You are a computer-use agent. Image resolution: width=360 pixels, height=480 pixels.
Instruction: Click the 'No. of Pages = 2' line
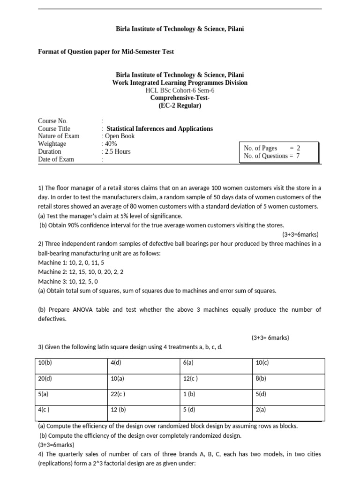[272, 148]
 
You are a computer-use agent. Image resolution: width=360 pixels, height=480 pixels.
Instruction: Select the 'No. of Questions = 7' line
[272, 156]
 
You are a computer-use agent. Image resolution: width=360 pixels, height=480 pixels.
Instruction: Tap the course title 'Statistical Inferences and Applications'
[159, 128]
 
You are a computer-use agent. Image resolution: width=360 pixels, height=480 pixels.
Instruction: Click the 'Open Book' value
[120, 136]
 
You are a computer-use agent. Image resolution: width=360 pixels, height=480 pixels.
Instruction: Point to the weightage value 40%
[111, 144]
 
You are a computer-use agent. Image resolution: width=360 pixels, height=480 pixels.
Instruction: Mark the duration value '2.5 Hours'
[118, 151]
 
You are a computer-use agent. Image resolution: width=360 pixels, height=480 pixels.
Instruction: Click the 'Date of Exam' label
[56, 159]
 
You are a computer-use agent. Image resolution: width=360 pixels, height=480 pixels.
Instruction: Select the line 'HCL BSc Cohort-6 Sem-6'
[180, 90]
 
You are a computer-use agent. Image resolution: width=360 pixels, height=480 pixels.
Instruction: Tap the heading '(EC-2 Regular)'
[180, 105]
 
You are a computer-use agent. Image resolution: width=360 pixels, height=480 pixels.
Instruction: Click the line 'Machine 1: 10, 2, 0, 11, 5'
[71, 263]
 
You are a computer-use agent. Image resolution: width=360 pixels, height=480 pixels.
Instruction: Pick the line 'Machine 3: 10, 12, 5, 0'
[68, 281]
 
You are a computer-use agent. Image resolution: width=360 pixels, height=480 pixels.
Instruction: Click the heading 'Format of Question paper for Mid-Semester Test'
[105, 52]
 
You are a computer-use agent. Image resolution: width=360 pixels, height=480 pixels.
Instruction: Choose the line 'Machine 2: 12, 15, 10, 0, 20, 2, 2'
[81, 272]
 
